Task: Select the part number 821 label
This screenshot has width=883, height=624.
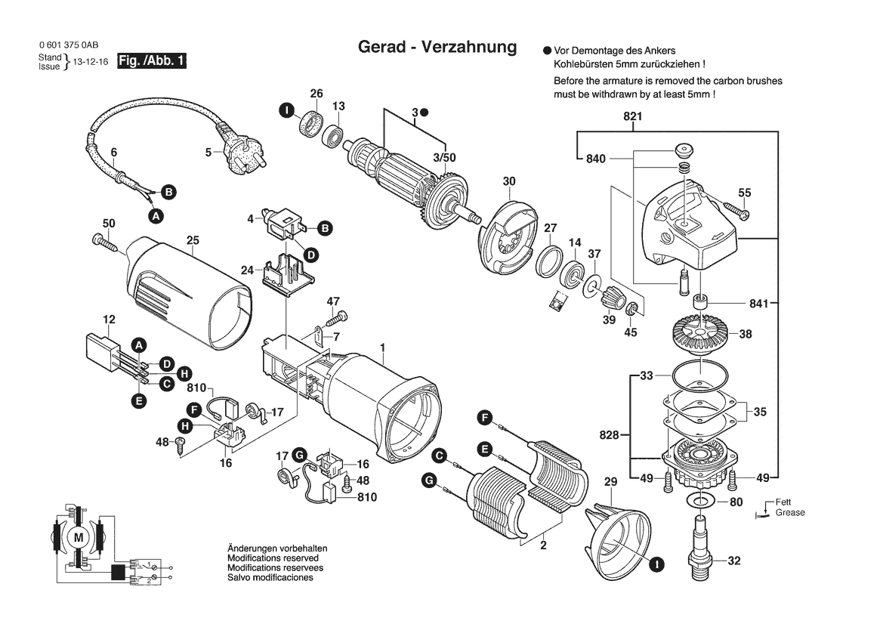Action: click(x=632, y=116)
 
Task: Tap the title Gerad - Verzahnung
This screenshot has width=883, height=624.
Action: click(x=437, y=46)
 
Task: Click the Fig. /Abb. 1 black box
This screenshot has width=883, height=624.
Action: click(x=152, y=61)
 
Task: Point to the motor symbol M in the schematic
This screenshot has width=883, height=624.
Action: click(x=79, y=537)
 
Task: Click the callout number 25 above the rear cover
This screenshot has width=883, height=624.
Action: click(x=193, y=240)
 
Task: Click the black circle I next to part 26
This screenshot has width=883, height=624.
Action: click(x=287, y=110)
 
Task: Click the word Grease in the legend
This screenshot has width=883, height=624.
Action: click(x=790, y=512)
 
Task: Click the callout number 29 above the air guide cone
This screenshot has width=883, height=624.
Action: click(x=610, y=482)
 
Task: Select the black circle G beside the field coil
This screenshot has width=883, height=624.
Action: click(x=430, y=480)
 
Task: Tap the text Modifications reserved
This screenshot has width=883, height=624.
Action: click(x=273, y=558)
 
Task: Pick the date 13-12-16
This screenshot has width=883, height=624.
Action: click(x=91, y=62)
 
